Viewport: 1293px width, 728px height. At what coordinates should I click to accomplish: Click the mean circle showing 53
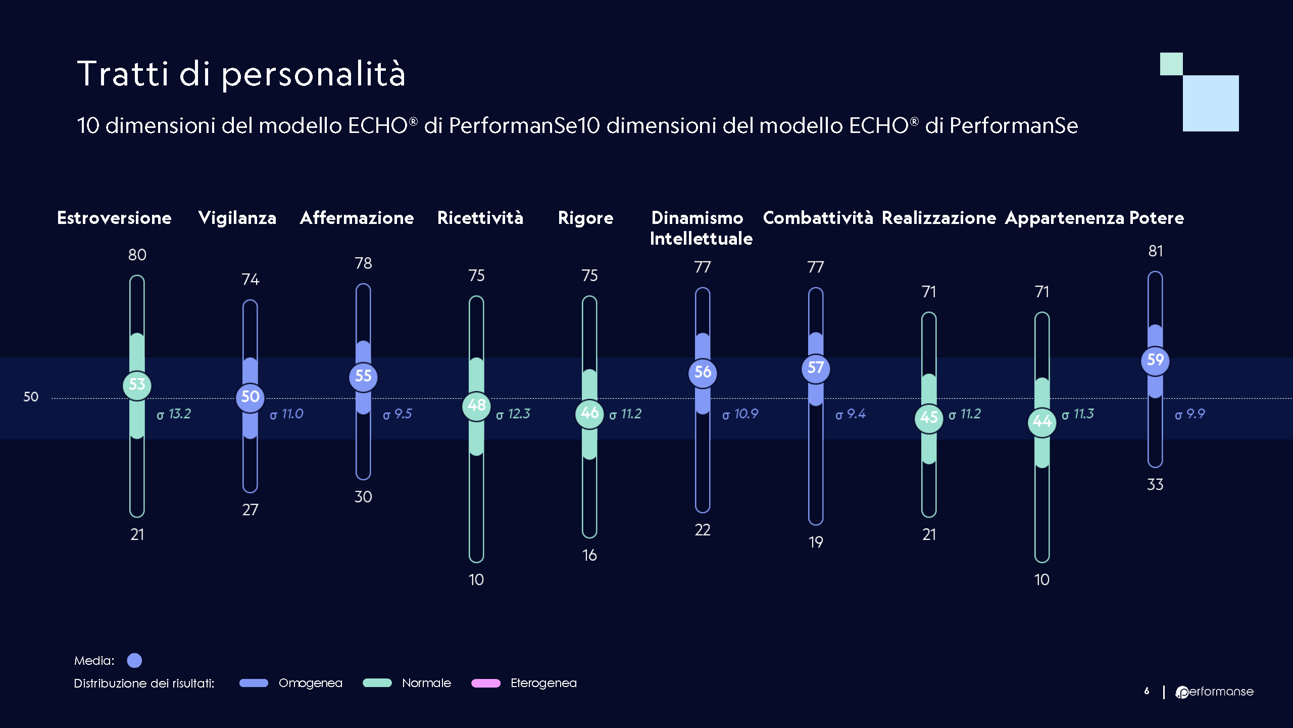tap(137, 385)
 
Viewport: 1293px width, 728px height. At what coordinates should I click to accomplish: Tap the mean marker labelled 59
tap(1155, 360)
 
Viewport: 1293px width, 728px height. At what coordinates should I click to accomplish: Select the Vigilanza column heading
tap(237, 218)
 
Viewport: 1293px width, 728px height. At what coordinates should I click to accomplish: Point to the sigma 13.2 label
tap(174, 414)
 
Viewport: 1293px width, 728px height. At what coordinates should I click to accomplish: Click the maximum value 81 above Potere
tap(1156, 251)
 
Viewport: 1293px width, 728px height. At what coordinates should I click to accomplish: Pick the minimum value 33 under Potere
tap(1155, 484)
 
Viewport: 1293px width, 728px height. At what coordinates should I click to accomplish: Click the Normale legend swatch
tap(377, 683)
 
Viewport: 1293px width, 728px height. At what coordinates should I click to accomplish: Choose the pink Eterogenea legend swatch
tap(485, 683)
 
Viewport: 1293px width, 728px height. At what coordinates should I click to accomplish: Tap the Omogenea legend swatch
tap(254, 683)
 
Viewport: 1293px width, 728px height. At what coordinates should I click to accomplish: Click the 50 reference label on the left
tap(31, 397)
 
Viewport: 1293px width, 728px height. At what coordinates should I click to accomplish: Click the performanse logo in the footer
tap(1215, 692)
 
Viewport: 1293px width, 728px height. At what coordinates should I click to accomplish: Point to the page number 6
tap(1147, 691)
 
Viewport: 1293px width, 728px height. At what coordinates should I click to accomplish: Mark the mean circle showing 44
tap(1042, 421)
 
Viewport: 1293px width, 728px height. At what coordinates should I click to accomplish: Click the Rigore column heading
tap(585, 218)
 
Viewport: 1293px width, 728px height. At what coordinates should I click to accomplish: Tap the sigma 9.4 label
tap(851, 414)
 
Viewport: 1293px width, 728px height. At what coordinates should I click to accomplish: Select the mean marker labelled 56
tap(703, 373)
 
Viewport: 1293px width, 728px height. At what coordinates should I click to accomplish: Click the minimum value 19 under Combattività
tap(816, 542)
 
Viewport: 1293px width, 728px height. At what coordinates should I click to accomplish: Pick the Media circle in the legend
tap(134, 660)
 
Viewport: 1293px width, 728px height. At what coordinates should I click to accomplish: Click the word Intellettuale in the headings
tap(701, 239)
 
